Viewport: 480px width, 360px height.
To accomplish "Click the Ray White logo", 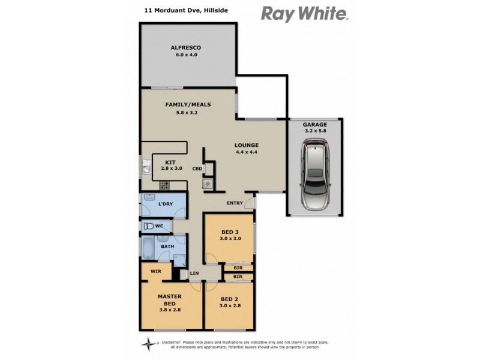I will (x=304, y=13).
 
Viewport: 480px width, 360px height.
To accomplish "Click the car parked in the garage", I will (x=316, y=174).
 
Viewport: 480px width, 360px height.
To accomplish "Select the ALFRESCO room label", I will (x=185, y=47).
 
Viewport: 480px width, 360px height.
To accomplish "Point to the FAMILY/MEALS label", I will (x=188, y=104).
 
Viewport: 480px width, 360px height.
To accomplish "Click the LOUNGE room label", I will (x=247, y=145).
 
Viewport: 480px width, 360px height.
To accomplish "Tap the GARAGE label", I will (x=315, y=125).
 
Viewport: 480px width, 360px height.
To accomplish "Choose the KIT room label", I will (x=170, y=162).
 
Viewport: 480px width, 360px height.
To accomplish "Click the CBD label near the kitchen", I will (x=197, y=169).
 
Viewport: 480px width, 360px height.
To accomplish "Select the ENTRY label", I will (x=235, y=203).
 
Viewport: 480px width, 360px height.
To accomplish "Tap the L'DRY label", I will (x=166, y=205).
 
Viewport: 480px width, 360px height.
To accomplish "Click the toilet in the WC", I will (x=149, y=226).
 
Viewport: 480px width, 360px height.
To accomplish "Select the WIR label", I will (x=156, y=271).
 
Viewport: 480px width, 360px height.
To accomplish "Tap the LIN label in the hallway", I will (x=194, y=274).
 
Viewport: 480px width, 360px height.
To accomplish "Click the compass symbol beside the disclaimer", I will (x=148, y=344).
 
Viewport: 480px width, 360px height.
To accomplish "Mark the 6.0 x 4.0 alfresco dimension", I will (x=186, y=55).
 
